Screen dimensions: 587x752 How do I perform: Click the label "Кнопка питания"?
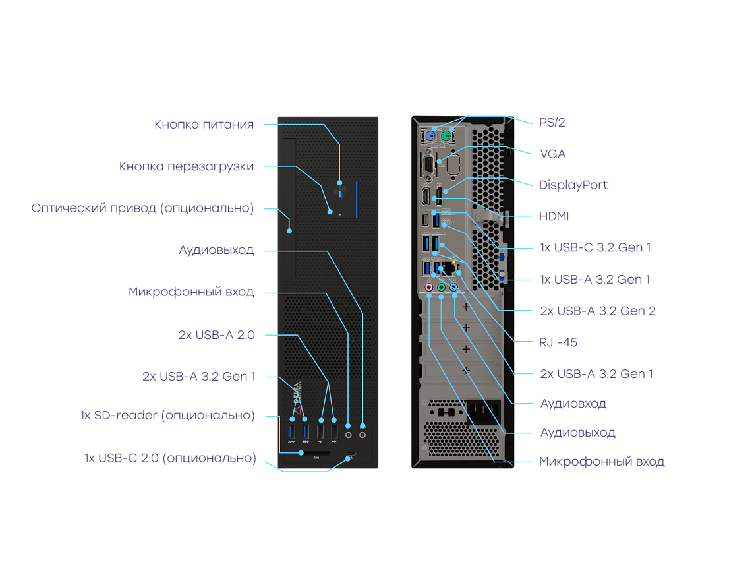click(204, 125)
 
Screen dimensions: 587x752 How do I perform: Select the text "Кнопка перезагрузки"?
click(187, 166)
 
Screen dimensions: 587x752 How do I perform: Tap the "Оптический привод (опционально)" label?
click(142, 208)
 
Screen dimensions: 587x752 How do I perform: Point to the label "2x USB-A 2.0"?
click(216, 335)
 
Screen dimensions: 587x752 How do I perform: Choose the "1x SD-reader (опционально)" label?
click(167, 416)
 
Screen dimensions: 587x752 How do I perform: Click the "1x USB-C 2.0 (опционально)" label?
click(170, 458)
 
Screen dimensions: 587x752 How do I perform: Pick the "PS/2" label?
click(552, 122)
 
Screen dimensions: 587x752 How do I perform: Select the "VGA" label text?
click(552, 154)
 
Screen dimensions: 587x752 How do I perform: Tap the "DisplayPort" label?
click(573, 185)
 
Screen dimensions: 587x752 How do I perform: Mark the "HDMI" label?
click(554, 216)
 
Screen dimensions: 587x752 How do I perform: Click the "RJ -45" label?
click(558, 342)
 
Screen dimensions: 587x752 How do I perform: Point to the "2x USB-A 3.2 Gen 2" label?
click(597, 311)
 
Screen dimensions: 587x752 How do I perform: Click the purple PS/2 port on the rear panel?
click(429, 137)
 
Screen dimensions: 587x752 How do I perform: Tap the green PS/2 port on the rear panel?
click(445, 137)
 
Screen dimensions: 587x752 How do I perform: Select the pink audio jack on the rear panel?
click(429, 288)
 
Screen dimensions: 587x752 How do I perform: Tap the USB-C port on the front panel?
click(351, 454)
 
